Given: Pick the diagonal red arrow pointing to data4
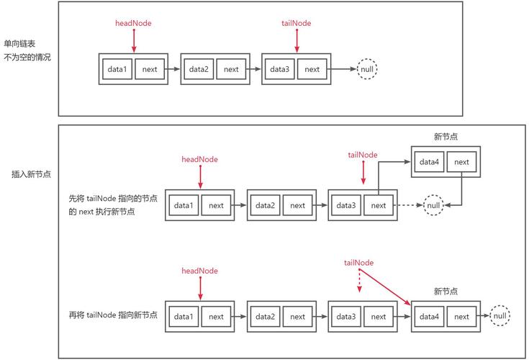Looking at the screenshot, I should (385, 286).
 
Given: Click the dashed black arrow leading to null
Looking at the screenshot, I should (410, 205).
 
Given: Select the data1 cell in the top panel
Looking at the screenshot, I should (117, 69).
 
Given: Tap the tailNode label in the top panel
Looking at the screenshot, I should (296, 23).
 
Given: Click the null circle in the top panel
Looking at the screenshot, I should (367, 69).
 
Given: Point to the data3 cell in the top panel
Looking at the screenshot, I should (278, 69).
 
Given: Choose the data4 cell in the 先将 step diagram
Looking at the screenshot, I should (429, 162).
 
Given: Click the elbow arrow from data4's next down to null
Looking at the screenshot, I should (461, 191).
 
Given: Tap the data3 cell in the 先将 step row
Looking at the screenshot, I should (345, 205).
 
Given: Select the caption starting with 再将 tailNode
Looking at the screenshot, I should (113, 316).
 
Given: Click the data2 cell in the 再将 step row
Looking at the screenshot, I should (265, 316).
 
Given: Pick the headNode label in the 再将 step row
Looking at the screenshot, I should (199, 271).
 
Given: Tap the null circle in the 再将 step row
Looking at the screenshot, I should (500, 316).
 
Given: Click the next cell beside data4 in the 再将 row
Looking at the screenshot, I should (461, 316).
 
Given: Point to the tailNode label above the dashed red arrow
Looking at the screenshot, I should (358, 262).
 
